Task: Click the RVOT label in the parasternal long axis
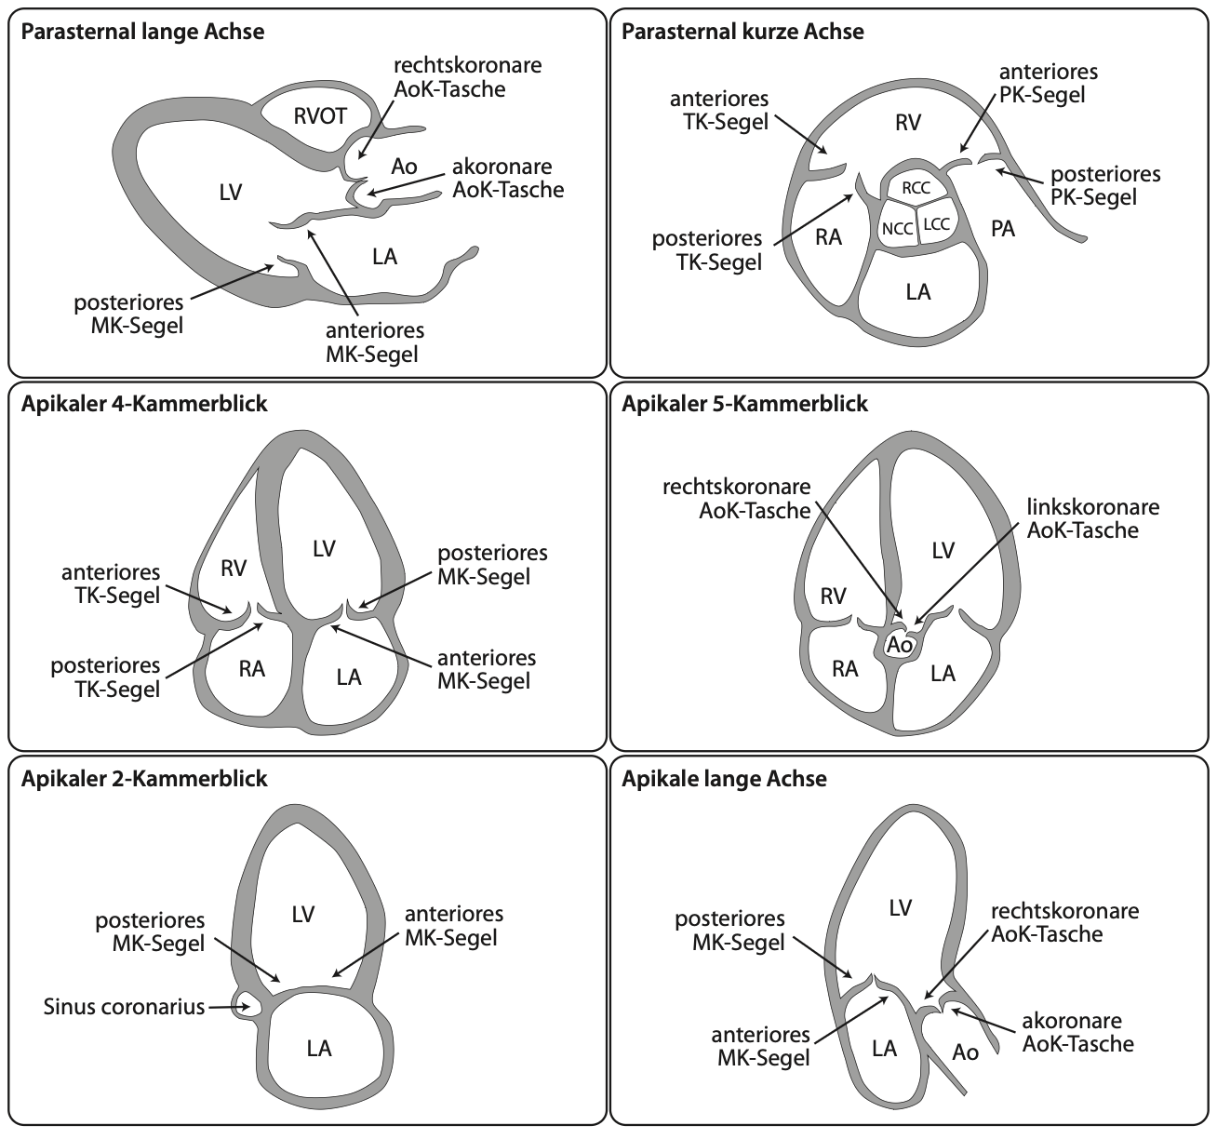(x=321, y=116)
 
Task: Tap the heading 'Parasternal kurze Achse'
(x=742, y=33)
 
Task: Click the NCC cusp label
(x=897, y=226)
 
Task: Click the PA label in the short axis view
(x=1003, y=229)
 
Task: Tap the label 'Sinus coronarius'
(x=124, y=1006)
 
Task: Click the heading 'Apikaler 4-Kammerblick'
(x=144, y=405)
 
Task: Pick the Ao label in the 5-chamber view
(x=898, y=643)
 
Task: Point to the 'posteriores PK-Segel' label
(x=1105, y=185)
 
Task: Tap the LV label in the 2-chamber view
(x=303, y=914)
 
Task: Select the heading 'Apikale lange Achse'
(x=725, y=778)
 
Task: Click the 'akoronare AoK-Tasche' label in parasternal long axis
(x=507, y=178)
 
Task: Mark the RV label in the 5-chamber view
(x=833, y=596)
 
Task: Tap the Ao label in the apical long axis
(x=966, y=1052)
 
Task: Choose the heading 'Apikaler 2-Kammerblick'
(x=144, y=778)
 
